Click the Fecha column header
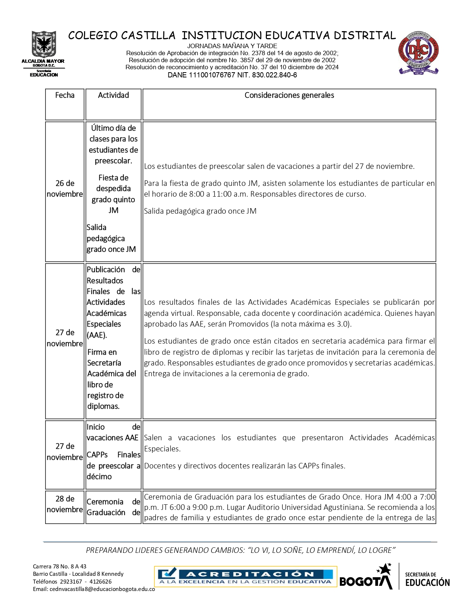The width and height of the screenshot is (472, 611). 65,96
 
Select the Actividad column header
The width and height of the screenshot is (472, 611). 113,96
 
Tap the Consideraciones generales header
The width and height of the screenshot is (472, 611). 289,96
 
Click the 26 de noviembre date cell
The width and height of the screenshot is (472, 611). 65,189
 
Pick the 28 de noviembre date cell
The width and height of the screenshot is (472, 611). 65,504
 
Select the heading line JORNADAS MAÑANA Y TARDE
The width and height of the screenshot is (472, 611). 232,46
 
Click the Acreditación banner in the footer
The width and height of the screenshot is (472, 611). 245,577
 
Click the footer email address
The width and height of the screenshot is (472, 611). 94,589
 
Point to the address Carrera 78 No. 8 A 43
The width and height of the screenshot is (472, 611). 60,567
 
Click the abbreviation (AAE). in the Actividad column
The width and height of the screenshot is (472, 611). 97,335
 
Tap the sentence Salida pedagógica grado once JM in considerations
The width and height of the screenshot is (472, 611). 200,211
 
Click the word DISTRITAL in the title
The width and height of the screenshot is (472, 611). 365,36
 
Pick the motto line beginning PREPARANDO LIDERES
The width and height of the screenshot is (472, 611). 241,551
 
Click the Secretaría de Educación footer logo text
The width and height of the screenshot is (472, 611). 427,580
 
